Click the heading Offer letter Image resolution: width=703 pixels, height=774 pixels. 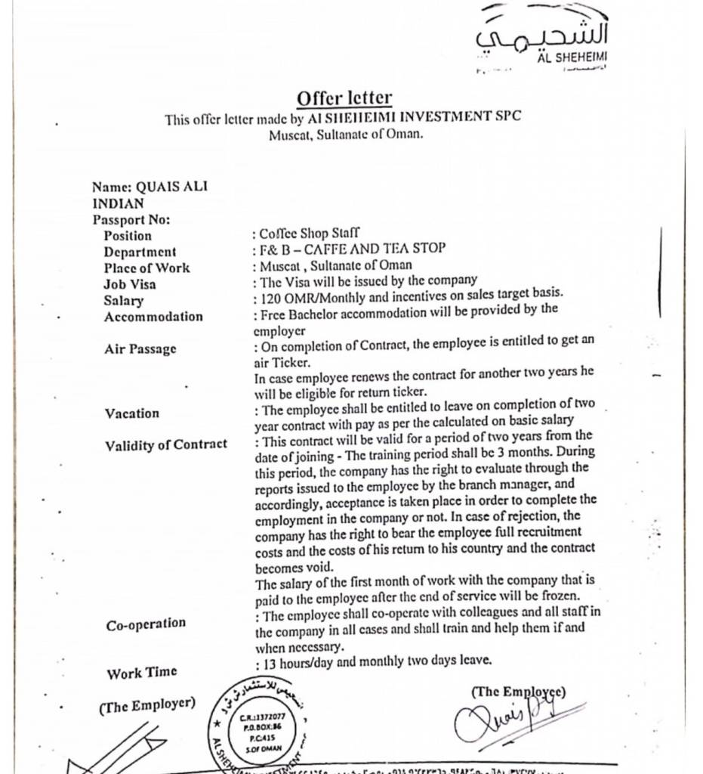tap(344, 98)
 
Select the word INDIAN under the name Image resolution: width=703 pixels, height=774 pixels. tap(118, 203)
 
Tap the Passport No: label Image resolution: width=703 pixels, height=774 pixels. tap(131, 220)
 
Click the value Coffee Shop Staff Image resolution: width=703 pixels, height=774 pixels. tap(309, 234)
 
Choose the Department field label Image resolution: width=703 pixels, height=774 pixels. tap(140, 252)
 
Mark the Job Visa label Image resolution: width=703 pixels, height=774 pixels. tap(130, 284)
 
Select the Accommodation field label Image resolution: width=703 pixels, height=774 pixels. tap(153, 317)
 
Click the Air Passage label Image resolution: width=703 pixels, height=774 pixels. tap(140, 348)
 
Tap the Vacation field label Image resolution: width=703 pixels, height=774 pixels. tap(132, 413)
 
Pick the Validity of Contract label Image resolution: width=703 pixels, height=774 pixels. tap(166, 444)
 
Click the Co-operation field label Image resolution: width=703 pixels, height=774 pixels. tap(146, 624)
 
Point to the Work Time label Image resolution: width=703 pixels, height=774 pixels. tap(142, 672)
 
